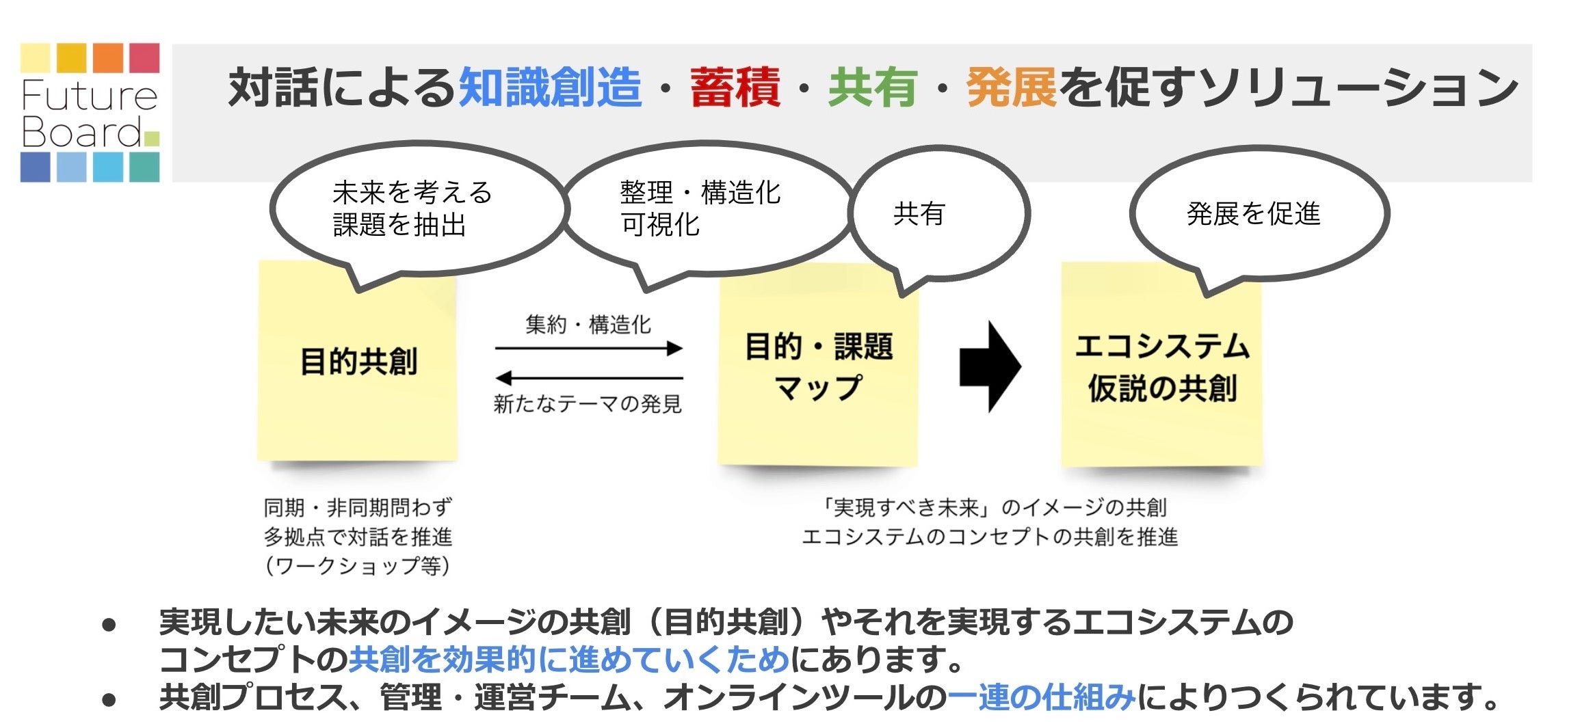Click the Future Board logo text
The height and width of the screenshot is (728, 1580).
[x=89, y=113]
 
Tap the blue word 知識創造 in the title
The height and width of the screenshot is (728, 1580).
[x=550, y=88]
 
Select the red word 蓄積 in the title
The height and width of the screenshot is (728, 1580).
[x=735, y=88]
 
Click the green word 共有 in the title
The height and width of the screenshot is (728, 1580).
[x=872, y=88]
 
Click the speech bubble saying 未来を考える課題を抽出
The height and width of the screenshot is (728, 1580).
[x=417, y=208]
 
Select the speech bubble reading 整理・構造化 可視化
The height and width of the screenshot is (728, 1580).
[x=705, y=208]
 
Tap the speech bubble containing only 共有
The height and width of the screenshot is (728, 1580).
[x=937, y=214]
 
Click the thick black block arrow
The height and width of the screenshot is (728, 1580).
[x=989, y=366]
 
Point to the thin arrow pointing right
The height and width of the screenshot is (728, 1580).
[x=588, y=349]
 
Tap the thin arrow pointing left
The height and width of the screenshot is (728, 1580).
[x=588, y=377]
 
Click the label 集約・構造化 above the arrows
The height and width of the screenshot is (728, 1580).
[x=588, y=324]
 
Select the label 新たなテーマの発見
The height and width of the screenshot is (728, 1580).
[x=588, y=404]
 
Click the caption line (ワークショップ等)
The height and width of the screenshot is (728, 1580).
[x=357, y=566]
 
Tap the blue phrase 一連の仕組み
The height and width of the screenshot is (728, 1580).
[x=1041, y=697]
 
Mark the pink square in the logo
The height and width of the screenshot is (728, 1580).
[x=144, y=58]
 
